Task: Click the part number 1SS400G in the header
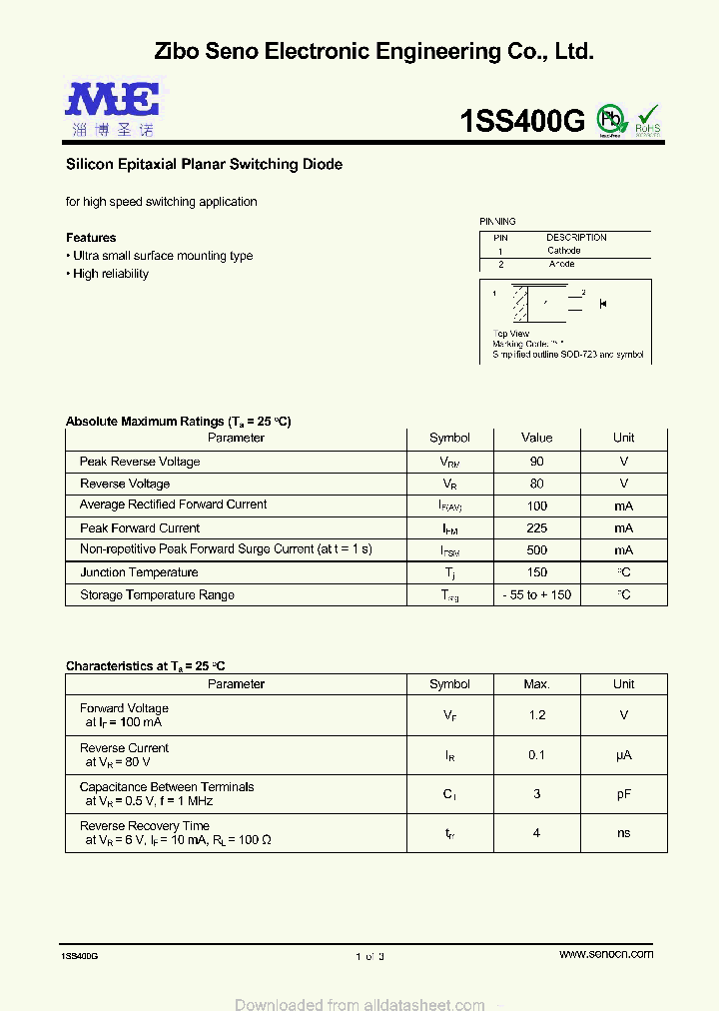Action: [x=521, y=121]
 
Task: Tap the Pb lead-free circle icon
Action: [x=609, y=119]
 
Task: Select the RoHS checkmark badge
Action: [x=648, y=120]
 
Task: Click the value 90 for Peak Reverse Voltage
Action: [x=536, y=462]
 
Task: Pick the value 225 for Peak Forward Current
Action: [x=536, y=528]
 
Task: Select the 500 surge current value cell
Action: [x=536, y=550]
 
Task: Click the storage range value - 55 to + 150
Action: [x=536, y=595]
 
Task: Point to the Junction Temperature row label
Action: [x=139, y=572]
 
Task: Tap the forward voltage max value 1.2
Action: [x=536, y=715]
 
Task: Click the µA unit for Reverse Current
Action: [x=623, y=755]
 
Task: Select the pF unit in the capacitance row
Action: [x=623, y=794]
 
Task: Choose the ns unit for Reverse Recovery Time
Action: [x=623, y=833]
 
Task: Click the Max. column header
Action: [x=536, y=684]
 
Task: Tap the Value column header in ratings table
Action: [x=536, y=438]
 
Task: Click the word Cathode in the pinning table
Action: [x=563, y=251]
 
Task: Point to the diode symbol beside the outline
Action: [x=603, y=304]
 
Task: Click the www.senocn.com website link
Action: [x=606, y=954]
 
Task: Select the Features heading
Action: [x=91, y=238]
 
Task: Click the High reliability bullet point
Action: [x=110, y=274]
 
